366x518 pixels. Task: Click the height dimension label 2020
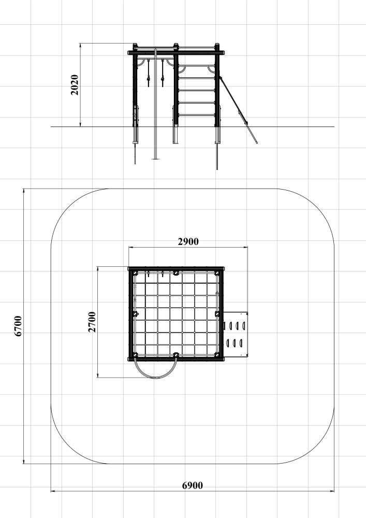point(75,85)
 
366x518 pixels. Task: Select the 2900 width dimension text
point(188,242)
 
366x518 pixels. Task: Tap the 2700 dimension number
point(92,322)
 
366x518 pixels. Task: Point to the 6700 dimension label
point(18,326)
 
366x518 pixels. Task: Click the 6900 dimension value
point(193,486)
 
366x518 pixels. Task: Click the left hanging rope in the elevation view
point(148,73)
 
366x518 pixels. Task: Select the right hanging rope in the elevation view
point(163,74)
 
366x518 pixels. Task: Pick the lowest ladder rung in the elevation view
point(196,116)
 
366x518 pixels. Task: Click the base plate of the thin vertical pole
point(155,159)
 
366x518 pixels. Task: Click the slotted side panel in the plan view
point(236,334)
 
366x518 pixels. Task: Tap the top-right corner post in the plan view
point(216,273)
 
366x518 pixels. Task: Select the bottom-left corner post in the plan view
point(135,355)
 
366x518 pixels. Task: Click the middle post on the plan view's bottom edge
point(176,355)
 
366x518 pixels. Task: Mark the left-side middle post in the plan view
point(135,314)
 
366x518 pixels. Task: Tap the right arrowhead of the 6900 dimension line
point(332,491)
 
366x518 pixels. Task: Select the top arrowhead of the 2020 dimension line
point(81,45)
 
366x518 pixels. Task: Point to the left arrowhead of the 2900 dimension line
point(130,247)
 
